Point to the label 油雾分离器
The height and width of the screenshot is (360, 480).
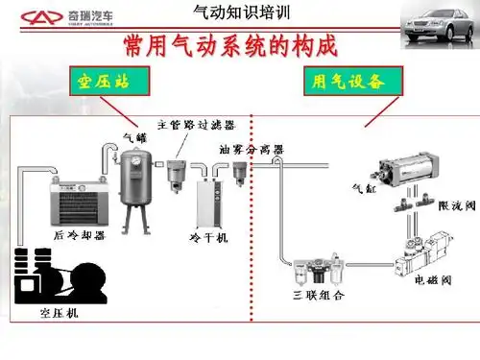click(x=251, y=150)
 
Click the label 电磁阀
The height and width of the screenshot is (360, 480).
click(x=419, y=285)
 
